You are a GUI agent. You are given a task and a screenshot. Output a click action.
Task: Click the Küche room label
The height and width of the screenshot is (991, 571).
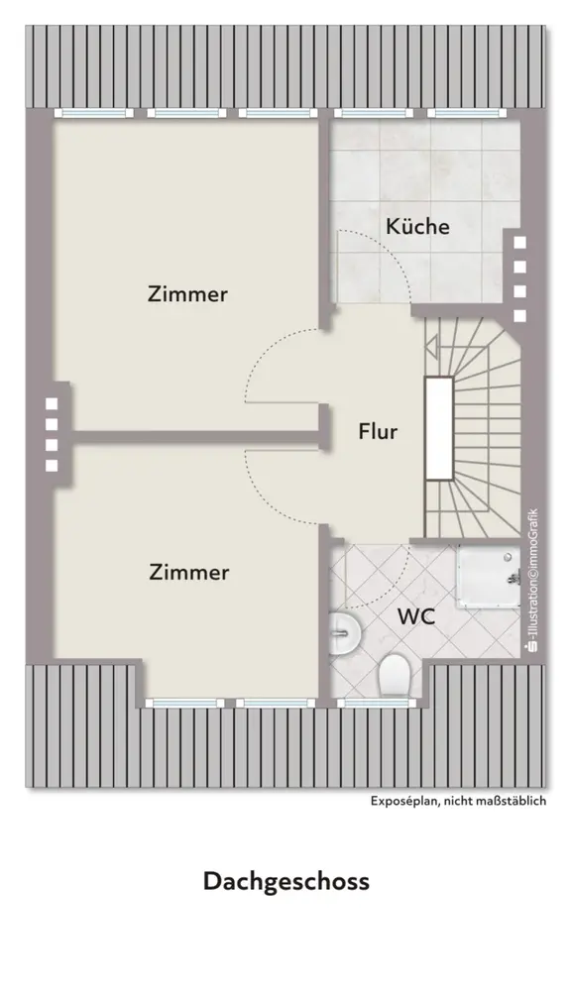pyautogui.click(x=418, y=226)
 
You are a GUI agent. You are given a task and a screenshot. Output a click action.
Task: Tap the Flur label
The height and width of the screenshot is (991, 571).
pyautogui.click(x=378, y=432)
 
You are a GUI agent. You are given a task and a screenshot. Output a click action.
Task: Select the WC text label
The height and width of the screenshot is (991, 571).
pyautogui.click(x=416, y=616)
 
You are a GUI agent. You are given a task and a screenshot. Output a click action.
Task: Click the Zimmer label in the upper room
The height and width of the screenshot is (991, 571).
pyautogui.click(x=187, y=294)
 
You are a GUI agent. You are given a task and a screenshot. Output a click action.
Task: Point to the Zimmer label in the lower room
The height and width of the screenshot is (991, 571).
pyautogui.click(x=189, y=572)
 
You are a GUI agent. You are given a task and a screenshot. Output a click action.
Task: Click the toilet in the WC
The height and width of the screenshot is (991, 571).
pyautogui.click(x=394, y=675)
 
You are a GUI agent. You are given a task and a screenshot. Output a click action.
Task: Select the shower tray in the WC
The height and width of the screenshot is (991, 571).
pyautogui.click(x=489, y=577)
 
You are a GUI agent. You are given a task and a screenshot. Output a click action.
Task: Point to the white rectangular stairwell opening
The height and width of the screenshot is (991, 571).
pyautogui.click(x=439, y=428)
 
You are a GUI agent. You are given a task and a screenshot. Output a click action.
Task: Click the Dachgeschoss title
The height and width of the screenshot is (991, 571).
pyautogui.click(x=285, y=881)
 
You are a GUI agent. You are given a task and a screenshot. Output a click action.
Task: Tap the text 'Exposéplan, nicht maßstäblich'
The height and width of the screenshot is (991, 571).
pyautogui.click(x=458, y=801)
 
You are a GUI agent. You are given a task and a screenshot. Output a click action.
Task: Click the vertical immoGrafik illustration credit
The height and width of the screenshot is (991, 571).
pyautogui.click(x=532, y=580)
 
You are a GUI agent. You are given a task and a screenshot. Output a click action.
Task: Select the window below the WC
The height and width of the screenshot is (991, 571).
pyautogui.click(x=376, y=703)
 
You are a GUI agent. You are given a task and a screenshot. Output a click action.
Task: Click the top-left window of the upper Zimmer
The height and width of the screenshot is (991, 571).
pyautogui.click(x=93, y=113)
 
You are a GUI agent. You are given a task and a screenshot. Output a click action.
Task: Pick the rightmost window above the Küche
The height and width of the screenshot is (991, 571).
pyautogui.click(x=467, y=113)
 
